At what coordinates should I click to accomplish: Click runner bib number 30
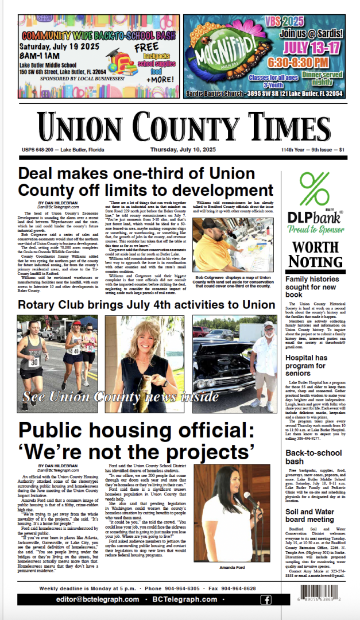coord(34,362)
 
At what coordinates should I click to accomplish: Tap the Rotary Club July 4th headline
coord(146,305)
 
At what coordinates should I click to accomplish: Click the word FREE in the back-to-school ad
coord(151,47)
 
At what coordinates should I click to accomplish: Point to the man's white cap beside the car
coord(267,327)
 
